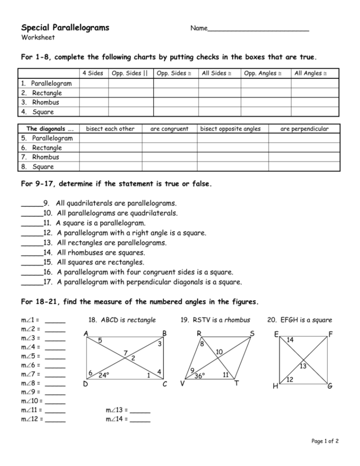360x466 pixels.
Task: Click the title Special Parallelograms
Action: [x=65, y=27]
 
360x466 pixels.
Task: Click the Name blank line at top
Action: [x=258, y=29]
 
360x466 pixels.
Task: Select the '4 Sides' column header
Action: [x=92, y=73]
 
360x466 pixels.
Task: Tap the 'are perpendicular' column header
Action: [x=304, y=129]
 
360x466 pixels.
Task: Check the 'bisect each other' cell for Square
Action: [x=110, y=167]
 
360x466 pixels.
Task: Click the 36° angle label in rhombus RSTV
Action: [x=199, y=376]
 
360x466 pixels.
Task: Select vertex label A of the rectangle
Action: [x=86, y=333]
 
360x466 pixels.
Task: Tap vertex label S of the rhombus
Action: [x=252, y=333]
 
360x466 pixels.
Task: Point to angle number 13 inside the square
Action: [x=303, y=367]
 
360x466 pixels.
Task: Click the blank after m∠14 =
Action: [x=140, y=419]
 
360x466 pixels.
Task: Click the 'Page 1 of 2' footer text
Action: [x=325, y=441]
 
